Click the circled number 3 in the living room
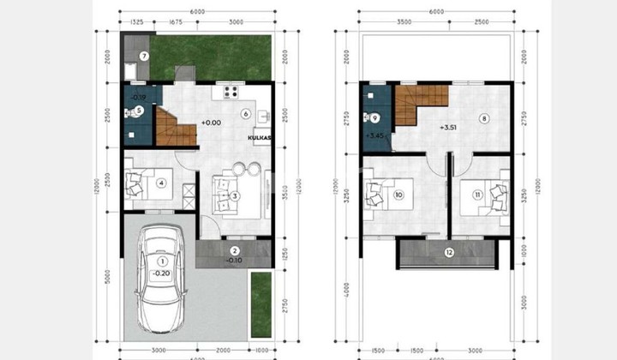click(x=234, y=195)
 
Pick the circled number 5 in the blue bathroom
click(x=139, y=110)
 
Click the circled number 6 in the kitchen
click(x=245, y=113)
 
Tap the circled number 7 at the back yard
click(x=144, y=57)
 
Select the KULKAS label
click(x=260, y=137)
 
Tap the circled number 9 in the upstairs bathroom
click(x=374, y=117)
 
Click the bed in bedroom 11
click(x=489, y=195)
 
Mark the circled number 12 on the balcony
click(x=449, y=252)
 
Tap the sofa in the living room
click(x=225, y=186)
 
